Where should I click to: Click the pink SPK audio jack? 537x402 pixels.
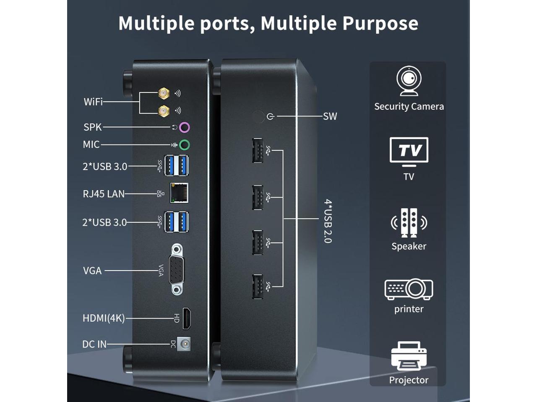(185, 127)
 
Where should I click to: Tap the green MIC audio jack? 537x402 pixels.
(185, 145)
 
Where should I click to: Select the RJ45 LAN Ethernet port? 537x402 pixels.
(179, 193)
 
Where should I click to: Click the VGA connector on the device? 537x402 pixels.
(177, 270)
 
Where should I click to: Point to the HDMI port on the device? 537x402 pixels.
(187, 318)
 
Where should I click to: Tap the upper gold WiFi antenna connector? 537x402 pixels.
(164, 93)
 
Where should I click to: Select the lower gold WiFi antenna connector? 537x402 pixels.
(164, 111)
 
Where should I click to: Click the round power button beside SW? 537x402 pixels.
(258, 116)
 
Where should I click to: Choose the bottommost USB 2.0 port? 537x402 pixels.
(257, 286)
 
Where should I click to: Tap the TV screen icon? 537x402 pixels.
(409, 150)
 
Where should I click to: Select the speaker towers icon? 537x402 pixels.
(409, 222)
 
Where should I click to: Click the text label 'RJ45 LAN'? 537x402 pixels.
(104, 194)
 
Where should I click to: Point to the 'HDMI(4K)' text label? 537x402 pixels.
(104, 318)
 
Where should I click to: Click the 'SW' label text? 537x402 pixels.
(330, 116)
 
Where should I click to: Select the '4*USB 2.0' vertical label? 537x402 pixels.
(328, 221)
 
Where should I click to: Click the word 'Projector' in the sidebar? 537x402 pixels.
(409, 380)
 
